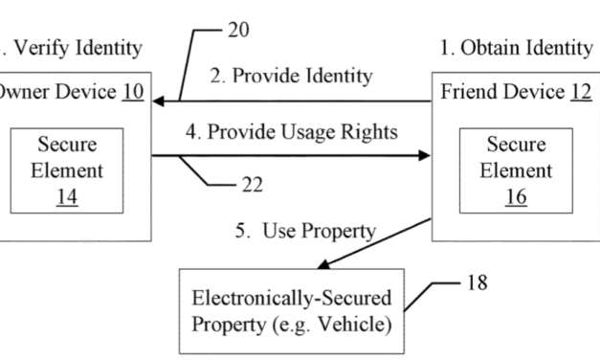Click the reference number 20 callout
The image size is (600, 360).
[238, 30]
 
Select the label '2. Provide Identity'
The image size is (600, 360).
[291, 77]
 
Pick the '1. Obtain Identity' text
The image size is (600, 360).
[518, 47]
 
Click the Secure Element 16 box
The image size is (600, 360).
[516, 170]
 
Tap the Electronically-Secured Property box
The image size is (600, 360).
[290, 309]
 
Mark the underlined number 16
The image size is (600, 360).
[516, 197]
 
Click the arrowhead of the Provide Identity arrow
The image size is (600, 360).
[157, 101]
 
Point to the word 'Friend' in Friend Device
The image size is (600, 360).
[468, 93]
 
